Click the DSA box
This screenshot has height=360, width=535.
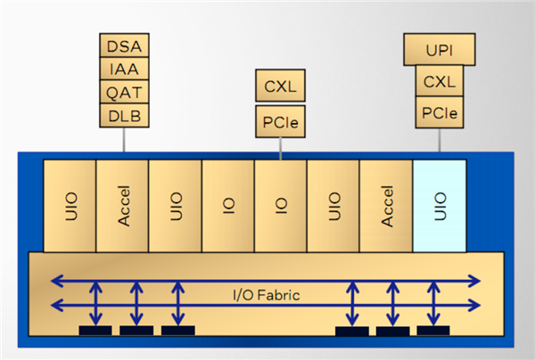pos(124,45)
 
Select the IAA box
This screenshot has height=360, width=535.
pos(124,69)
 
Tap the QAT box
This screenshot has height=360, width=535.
pos(124,93)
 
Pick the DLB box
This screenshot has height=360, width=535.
pos(124,116)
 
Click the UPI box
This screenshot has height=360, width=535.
pos(440,49)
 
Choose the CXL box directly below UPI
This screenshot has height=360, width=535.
pos(440,83)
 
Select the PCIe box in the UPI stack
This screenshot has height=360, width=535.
pos(440,112)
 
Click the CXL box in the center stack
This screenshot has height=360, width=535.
pos(281,87)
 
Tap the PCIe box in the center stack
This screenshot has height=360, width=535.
pos(281,122)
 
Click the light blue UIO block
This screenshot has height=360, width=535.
pos(440,206)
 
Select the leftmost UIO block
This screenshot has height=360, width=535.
pos(70,206)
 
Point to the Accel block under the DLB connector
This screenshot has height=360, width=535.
pos(123,206)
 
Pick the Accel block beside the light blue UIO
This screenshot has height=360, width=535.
pos(386,206)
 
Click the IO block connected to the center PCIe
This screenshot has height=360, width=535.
pos(281,206)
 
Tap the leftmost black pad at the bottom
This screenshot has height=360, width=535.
pos(95,331)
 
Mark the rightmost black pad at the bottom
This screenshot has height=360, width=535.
pos(432,331)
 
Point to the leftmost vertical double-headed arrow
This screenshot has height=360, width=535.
pos(95,303)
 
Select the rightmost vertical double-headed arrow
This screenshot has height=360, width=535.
pos(432,303)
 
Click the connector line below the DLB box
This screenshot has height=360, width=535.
pos(124,140)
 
